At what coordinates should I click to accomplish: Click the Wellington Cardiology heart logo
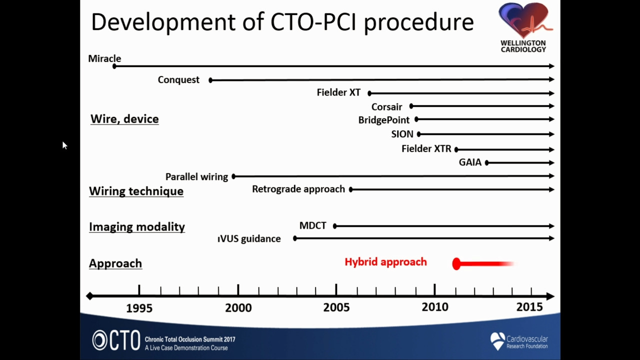pyautogui.click(x=524, y=27)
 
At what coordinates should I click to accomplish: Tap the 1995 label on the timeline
pyautogui.click(x=139, y=308)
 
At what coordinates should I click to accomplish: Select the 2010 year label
pyautogui.click(x=435, y=307)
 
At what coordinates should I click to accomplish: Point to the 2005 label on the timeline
pyautogui.click(x=336, y=307)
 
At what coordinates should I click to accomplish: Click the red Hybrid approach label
pyautogui.click(x=385, y=262)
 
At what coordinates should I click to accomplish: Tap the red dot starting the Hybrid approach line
pyautogui.click(x=456, y=263)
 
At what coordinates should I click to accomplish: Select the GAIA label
pyautogui.click(x=470, y=162)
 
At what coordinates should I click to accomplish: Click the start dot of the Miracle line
pyautogui.click(x=114, y=66)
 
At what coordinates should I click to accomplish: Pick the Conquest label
pyautogui.click(x=178, y=79)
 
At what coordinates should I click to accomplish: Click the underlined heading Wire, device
pyautogui.click(x=124, y=119)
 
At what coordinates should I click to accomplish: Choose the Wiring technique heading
pyautogui.click(x=136, y=191)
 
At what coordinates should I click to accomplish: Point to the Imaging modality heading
pyautogui.click(x=137, y=227)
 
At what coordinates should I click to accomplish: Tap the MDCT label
pyautogui.click(x=312, y=225)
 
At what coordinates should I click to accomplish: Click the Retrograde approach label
pyautogui.click(x=298, y=189)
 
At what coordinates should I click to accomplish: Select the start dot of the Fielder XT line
pyautogui.click(x=369, y=93)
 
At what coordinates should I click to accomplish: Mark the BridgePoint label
pyautogui.click(x=383, y=120)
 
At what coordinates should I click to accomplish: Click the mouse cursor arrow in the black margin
pyautogui.click(x=64, y=145)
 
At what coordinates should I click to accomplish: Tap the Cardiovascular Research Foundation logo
pyautogui.click(x=519, y=341)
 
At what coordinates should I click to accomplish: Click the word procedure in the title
pyautogui.click(x=419, y=22)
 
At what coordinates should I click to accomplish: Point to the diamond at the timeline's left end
pyautogui.click(x=89, y=296)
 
